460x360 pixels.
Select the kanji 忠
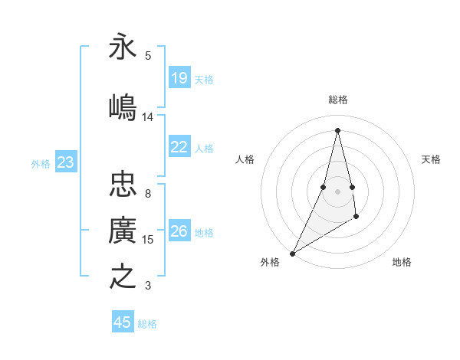tap(123, 184)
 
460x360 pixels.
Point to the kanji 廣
tap(123, 230)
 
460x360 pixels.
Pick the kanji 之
tap(123, 276)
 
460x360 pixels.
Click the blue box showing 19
tap(179, 77)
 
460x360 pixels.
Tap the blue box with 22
tap(179, 147)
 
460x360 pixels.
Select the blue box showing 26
tap(179, 231)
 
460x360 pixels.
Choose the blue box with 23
tap(66, 162)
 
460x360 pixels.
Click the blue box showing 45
tap(123, 322)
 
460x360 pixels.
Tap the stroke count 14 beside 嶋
tap(148, 117)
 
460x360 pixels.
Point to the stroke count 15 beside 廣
tap(148, 240)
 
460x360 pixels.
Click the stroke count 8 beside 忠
tap(148, 194)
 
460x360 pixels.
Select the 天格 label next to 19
tap(204, 79)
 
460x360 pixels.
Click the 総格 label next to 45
tap(147, 324)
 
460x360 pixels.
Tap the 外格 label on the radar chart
tap(270, 263)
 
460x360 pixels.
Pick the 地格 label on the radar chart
tap(402, 263)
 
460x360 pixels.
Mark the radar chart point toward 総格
tap(337, 130)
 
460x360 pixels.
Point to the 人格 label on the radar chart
tap(245, 159)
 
